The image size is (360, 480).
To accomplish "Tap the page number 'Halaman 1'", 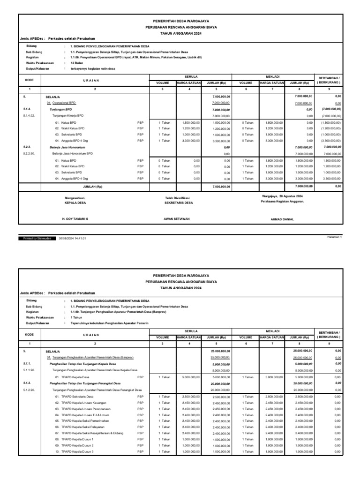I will tap(335, 237).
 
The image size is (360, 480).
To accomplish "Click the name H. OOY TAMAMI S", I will tap(75, 219).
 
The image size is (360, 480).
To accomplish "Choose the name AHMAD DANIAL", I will tap(283, 219).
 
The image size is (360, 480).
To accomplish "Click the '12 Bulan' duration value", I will tap(77, 63).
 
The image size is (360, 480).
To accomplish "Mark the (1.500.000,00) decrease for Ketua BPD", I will tap(330, 122).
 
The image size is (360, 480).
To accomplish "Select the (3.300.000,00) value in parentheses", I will tap(330, 141).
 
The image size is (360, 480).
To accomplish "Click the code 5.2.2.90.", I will tap(30, 154).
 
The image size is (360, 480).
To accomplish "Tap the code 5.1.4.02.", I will tap(30, 115).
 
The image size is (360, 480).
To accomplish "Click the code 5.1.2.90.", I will tap(30, 390).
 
